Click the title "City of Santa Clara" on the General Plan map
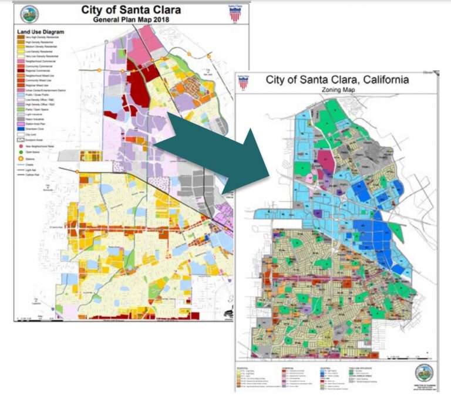(130, 10)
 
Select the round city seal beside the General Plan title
(28, 14)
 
